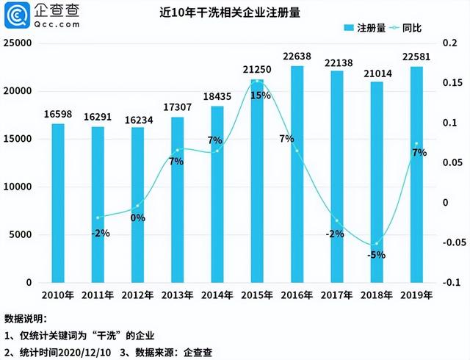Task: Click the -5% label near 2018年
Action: [x=377, y=256]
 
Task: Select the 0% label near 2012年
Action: [x=137, y=217]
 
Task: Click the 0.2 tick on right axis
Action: [x=449, y=43]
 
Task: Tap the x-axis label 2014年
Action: [x=217, y=295]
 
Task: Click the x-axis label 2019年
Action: [x=416, y=295]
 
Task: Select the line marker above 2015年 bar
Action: [x=258, y=82]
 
